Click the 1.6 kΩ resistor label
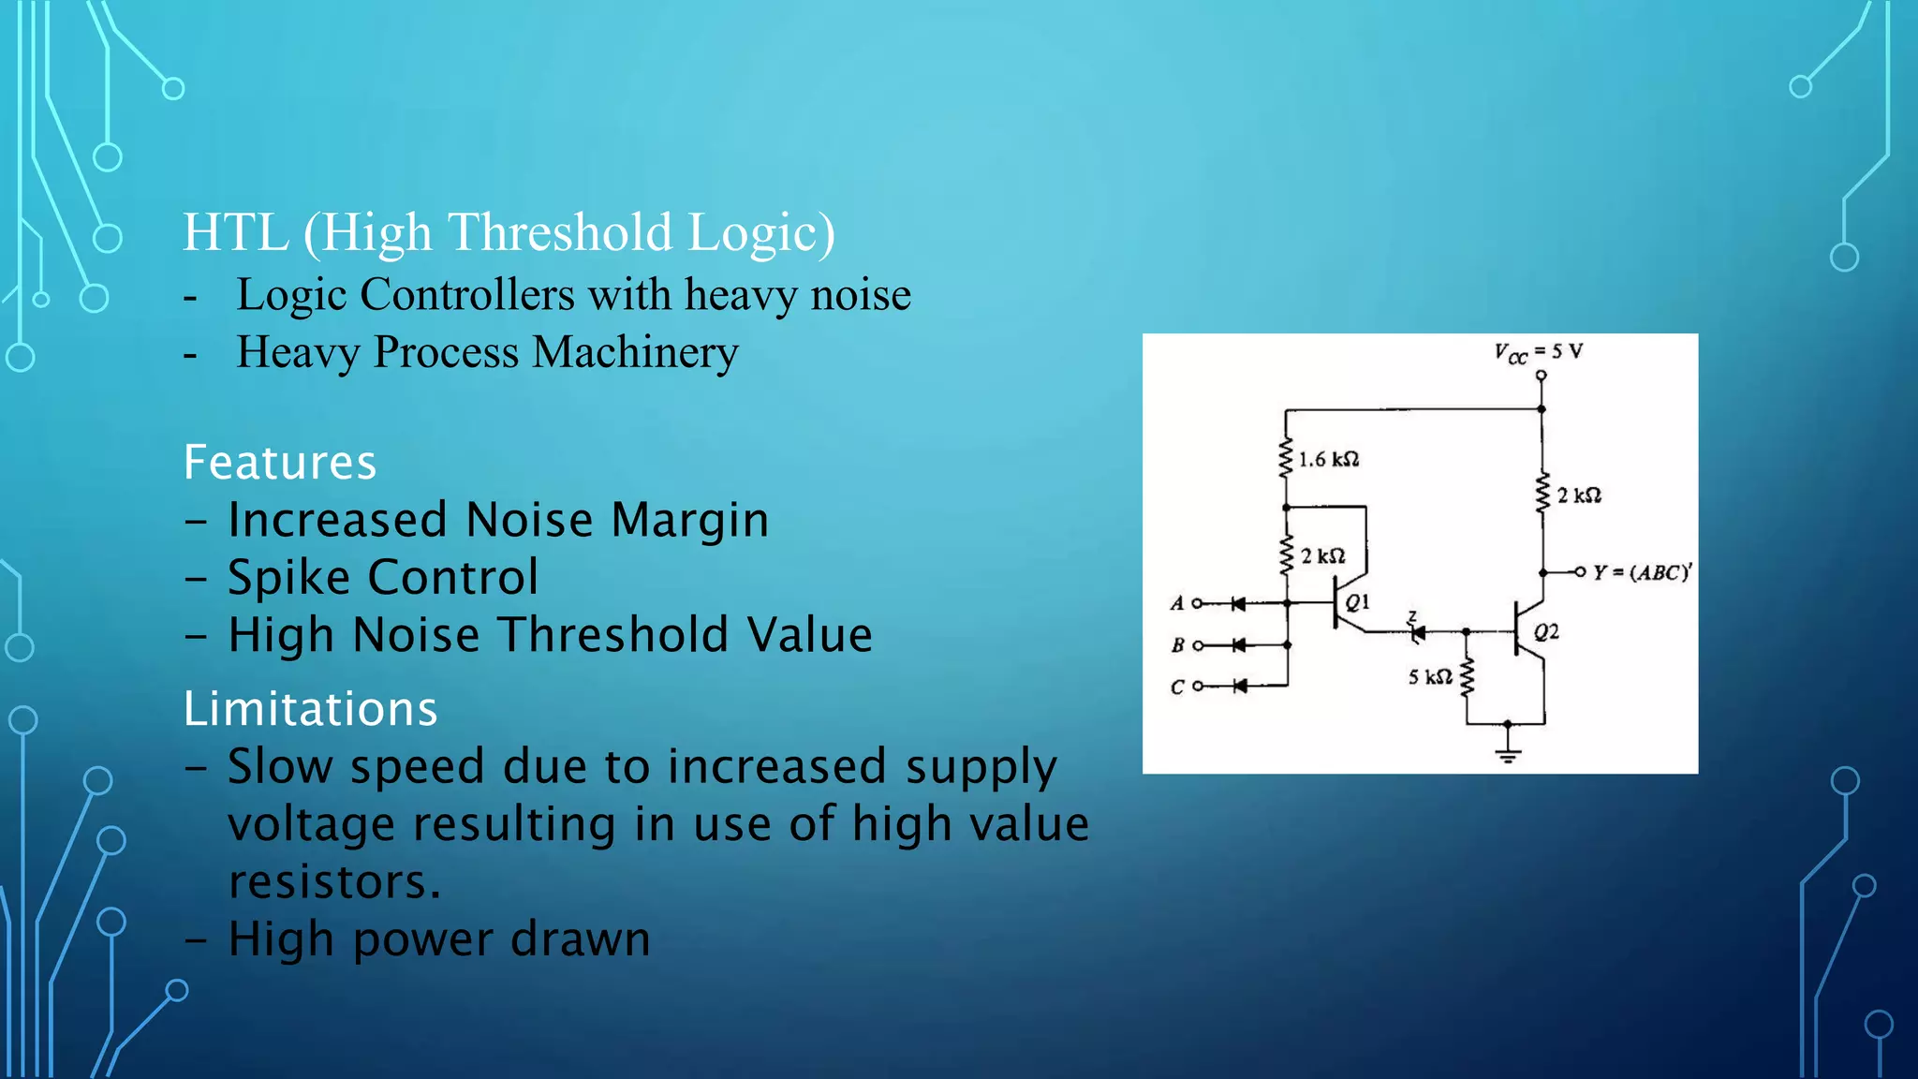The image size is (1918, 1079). (x=1328, y=459)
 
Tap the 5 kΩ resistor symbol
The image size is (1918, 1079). (x=1468, y=677)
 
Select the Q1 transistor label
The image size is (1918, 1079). (x=1357, y=602)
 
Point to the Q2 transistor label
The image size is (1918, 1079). (x=1546, y=632)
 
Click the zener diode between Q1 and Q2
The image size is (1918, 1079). (x=1417, y=633)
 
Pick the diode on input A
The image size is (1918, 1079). (x=1238, y=604)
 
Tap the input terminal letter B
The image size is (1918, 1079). (x=1177, y=645)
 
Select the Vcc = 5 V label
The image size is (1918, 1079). (x=1538, y=352)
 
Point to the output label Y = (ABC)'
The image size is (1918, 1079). (x=1642, y=572)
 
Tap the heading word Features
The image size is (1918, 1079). (x=280, y=462)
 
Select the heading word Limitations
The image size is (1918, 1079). (x=310, y=708)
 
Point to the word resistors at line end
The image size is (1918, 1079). (x=333, y=881)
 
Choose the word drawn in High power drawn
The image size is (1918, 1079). (x=580, y=939)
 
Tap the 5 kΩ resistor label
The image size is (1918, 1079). (x=1430, y=676)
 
